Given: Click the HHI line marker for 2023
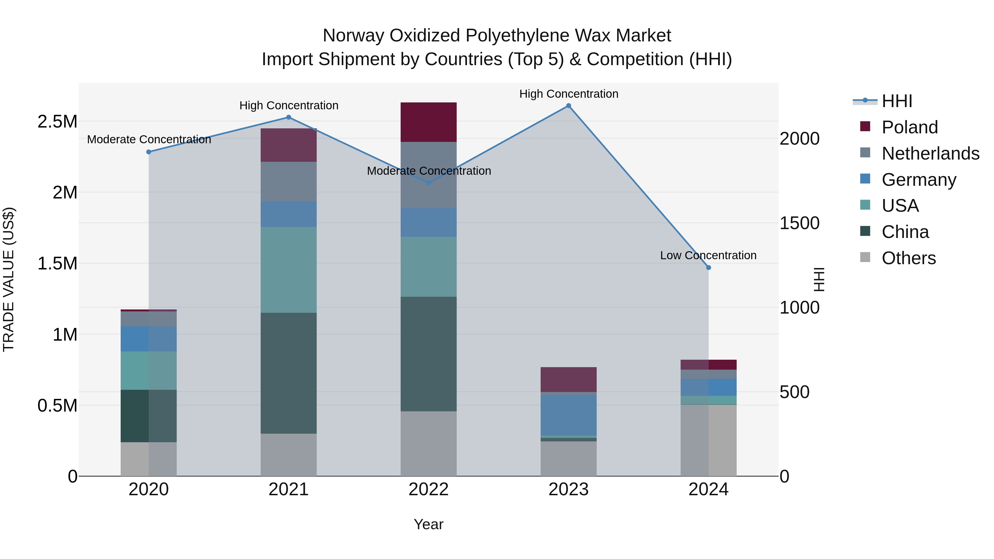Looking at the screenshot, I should coord(569,106).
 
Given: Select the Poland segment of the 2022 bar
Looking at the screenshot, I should coord(428,122).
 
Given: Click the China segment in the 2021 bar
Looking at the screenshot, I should coord(289,373).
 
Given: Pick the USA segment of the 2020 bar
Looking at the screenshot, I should coord(149,370).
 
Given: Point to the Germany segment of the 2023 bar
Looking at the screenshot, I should coord(569,415).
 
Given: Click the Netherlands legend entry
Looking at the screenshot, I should coord(930,153).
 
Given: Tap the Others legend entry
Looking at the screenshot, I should coord(908,258).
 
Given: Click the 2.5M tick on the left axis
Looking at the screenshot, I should coord(57,121).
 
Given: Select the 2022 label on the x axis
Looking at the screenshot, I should coord(428,489).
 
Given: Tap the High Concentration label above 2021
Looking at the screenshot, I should coord(289,105).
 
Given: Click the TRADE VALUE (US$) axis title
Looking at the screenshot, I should coord(9,279).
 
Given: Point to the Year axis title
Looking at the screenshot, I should coord(428,524).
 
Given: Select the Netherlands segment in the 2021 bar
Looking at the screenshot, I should coord(289,181).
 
